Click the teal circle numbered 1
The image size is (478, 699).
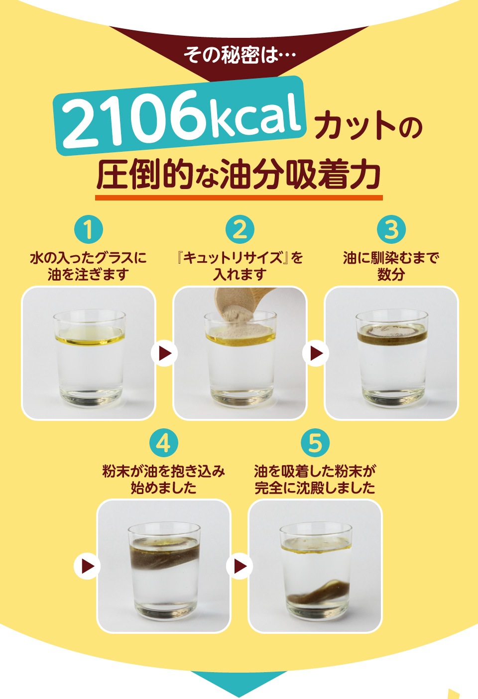[88, 229]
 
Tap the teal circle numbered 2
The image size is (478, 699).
[240, 229]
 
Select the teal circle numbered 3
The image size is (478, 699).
[391, 229]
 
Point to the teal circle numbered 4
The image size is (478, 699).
[164, 443]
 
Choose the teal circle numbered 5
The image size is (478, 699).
[315, 443]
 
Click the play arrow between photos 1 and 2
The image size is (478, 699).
[164, 353]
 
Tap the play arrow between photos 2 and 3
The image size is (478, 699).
[316, 353]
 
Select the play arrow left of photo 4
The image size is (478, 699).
[87, 566]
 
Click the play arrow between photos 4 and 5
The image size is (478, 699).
[239, 566]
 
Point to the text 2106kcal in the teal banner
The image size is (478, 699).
[181, 120]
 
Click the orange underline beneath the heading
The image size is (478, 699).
[239, 198]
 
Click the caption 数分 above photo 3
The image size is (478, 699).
[391, 275]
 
